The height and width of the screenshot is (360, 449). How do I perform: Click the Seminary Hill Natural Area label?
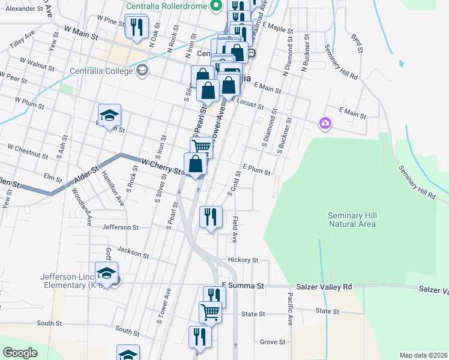click(352, 220)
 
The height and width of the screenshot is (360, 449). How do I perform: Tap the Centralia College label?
click(103, 71)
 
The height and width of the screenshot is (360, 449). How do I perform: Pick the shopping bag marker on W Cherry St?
click(196, 164)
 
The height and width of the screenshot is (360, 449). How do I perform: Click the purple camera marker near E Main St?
click(325, 123)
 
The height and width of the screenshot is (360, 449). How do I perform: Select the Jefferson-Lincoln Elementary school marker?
click(107, 274)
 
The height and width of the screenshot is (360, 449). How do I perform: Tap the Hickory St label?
click(243, 260)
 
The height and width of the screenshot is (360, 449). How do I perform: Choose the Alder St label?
click(86, 173)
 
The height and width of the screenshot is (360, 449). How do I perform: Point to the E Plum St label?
click(256, 169)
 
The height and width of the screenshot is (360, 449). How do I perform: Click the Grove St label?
click(273, 342)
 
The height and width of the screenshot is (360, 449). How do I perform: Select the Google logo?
click(20, 353)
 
